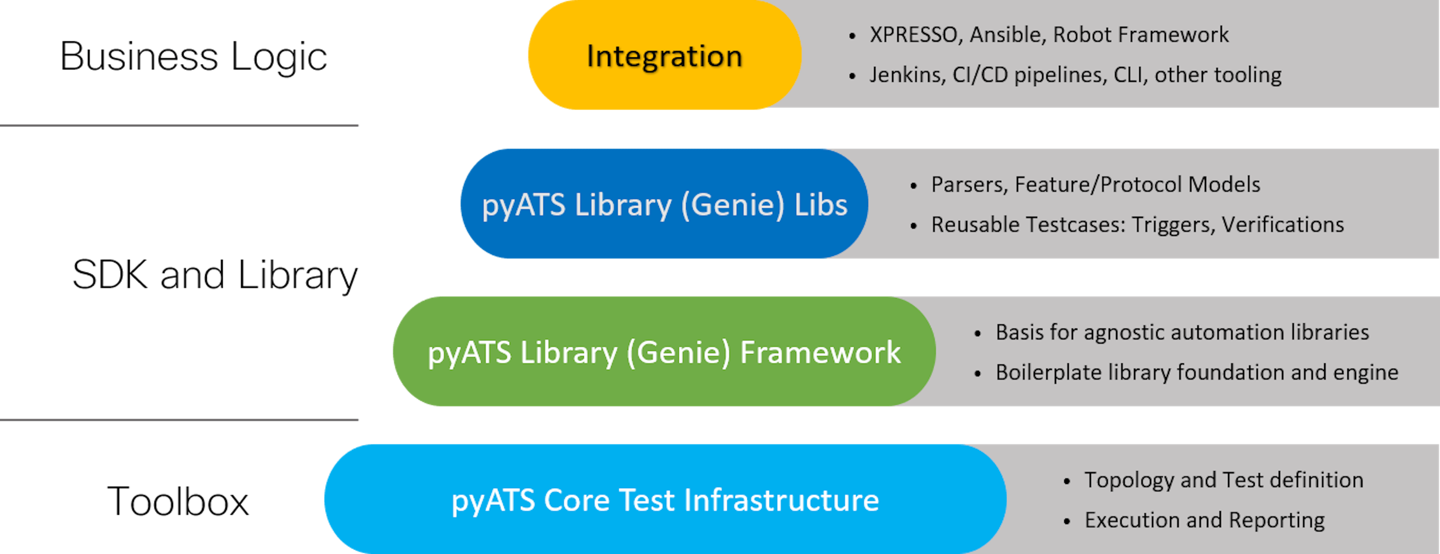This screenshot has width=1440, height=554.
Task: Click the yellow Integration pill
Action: (x=664, y=56)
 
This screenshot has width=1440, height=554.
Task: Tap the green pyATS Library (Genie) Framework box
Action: (x=664, y=352)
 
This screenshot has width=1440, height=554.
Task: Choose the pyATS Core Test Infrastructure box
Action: (x=665, y=499)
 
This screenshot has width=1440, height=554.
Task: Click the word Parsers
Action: (x=967, y=185)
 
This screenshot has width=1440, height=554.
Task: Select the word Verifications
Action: (x=1282, y=224)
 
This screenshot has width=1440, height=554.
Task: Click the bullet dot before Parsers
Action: (x=913, y=186)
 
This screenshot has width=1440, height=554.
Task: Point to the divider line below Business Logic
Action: (x=179, y=125)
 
